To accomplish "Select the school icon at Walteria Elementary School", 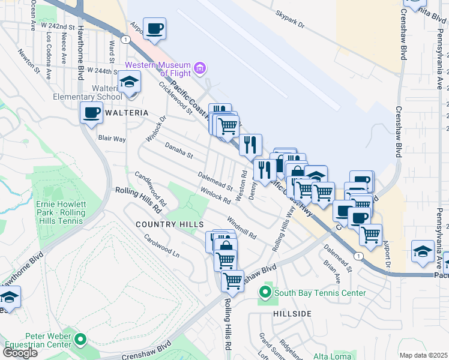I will (129, 83).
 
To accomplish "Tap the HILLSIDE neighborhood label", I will (292, 314).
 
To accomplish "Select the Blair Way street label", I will (112, 138).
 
